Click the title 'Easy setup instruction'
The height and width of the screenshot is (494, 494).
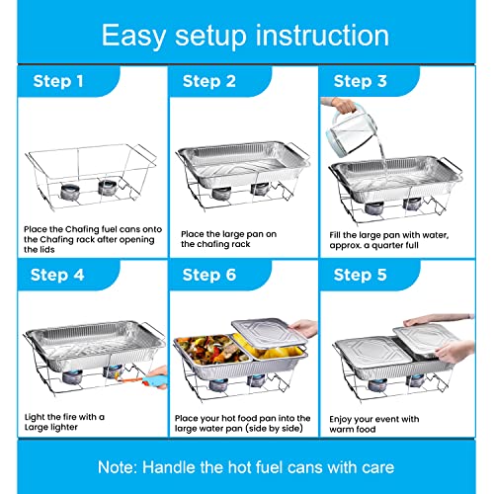(x=246, y=36)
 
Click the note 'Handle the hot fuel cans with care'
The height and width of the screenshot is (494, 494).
(x=246, y=464)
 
